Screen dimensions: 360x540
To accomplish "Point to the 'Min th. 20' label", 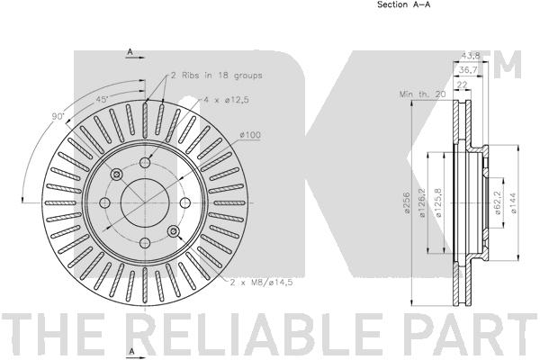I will [x=423, y=94].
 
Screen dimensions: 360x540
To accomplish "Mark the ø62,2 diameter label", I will [x=498, y=201].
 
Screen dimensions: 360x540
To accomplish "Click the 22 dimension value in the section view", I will [x=461, y=84].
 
